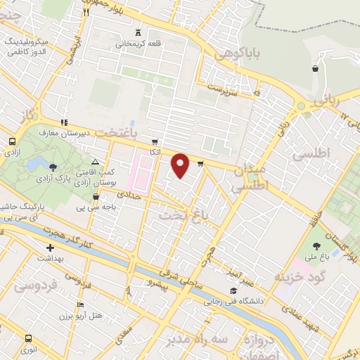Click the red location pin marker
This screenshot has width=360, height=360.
(x=181, y=166)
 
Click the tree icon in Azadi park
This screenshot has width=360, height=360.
(x=53, y=166)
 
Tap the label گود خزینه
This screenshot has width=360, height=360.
(x=302, y=276)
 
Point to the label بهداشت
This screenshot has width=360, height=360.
(x=49, y=258)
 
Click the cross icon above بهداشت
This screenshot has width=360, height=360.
(x=50, y=248)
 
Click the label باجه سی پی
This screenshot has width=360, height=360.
(x=95, y=207)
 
